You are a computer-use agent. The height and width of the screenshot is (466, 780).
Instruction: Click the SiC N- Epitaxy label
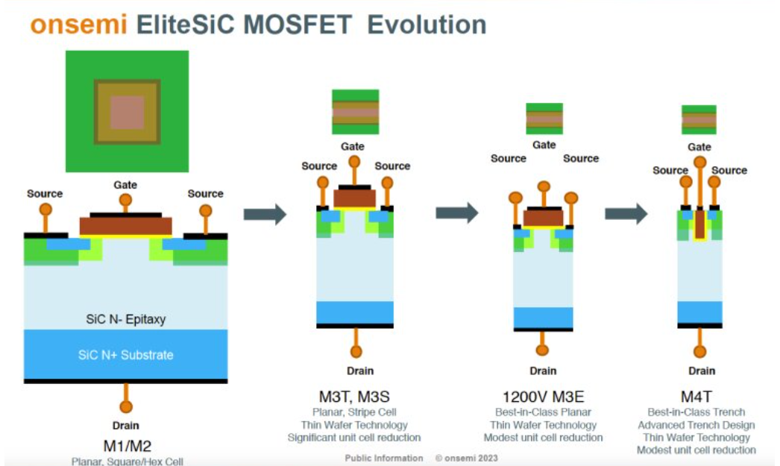pyautogui.click(x=125, y=319)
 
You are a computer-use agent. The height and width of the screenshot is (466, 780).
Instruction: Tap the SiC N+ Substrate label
pyautogui.click(x=125, y=355)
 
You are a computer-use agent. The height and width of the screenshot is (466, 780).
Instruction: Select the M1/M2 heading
pyautogui.click(x=126, y=446)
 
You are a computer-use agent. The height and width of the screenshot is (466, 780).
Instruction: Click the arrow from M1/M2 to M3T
pyautogui.click(x=265, y=215)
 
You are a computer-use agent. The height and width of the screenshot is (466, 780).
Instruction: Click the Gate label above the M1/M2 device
pyautogui.click(x=125, y=184)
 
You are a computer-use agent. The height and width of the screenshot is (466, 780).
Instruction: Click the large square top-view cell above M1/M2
pyautogui.click(x=127, y=111)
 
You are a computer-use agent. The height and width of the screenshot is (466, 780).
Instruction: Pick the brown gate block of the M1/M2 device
pyautogui.click(x=125, y=225)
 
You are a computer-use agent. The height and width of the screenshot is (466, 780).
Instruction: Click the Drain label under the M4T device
pyautogui.click(x=701, y=371)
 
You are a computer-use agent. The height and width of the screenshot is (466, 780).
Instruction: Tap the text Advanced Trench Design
pyautogui.click(x=696, y=425)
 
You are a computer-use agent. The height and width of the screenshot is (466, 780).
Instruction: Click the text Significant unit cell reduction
pyautogui.click(x=354, y=438)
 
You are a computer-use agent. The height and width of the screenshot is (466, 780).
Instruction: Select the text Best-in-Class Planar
pyautogui.click(x=543, y=412)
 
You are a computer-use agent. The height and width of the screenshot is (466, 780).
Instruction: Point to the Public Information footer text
pyautogui.click(x=383, y=458)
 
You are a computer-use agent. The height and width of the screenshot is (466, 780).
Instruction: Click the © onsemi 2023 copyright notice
pyautogui.click(x=467, y=458)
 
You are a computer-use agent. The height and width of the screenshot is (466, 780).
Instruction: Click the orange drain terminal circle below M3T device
pyautogui.click(x=354, y=350)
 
